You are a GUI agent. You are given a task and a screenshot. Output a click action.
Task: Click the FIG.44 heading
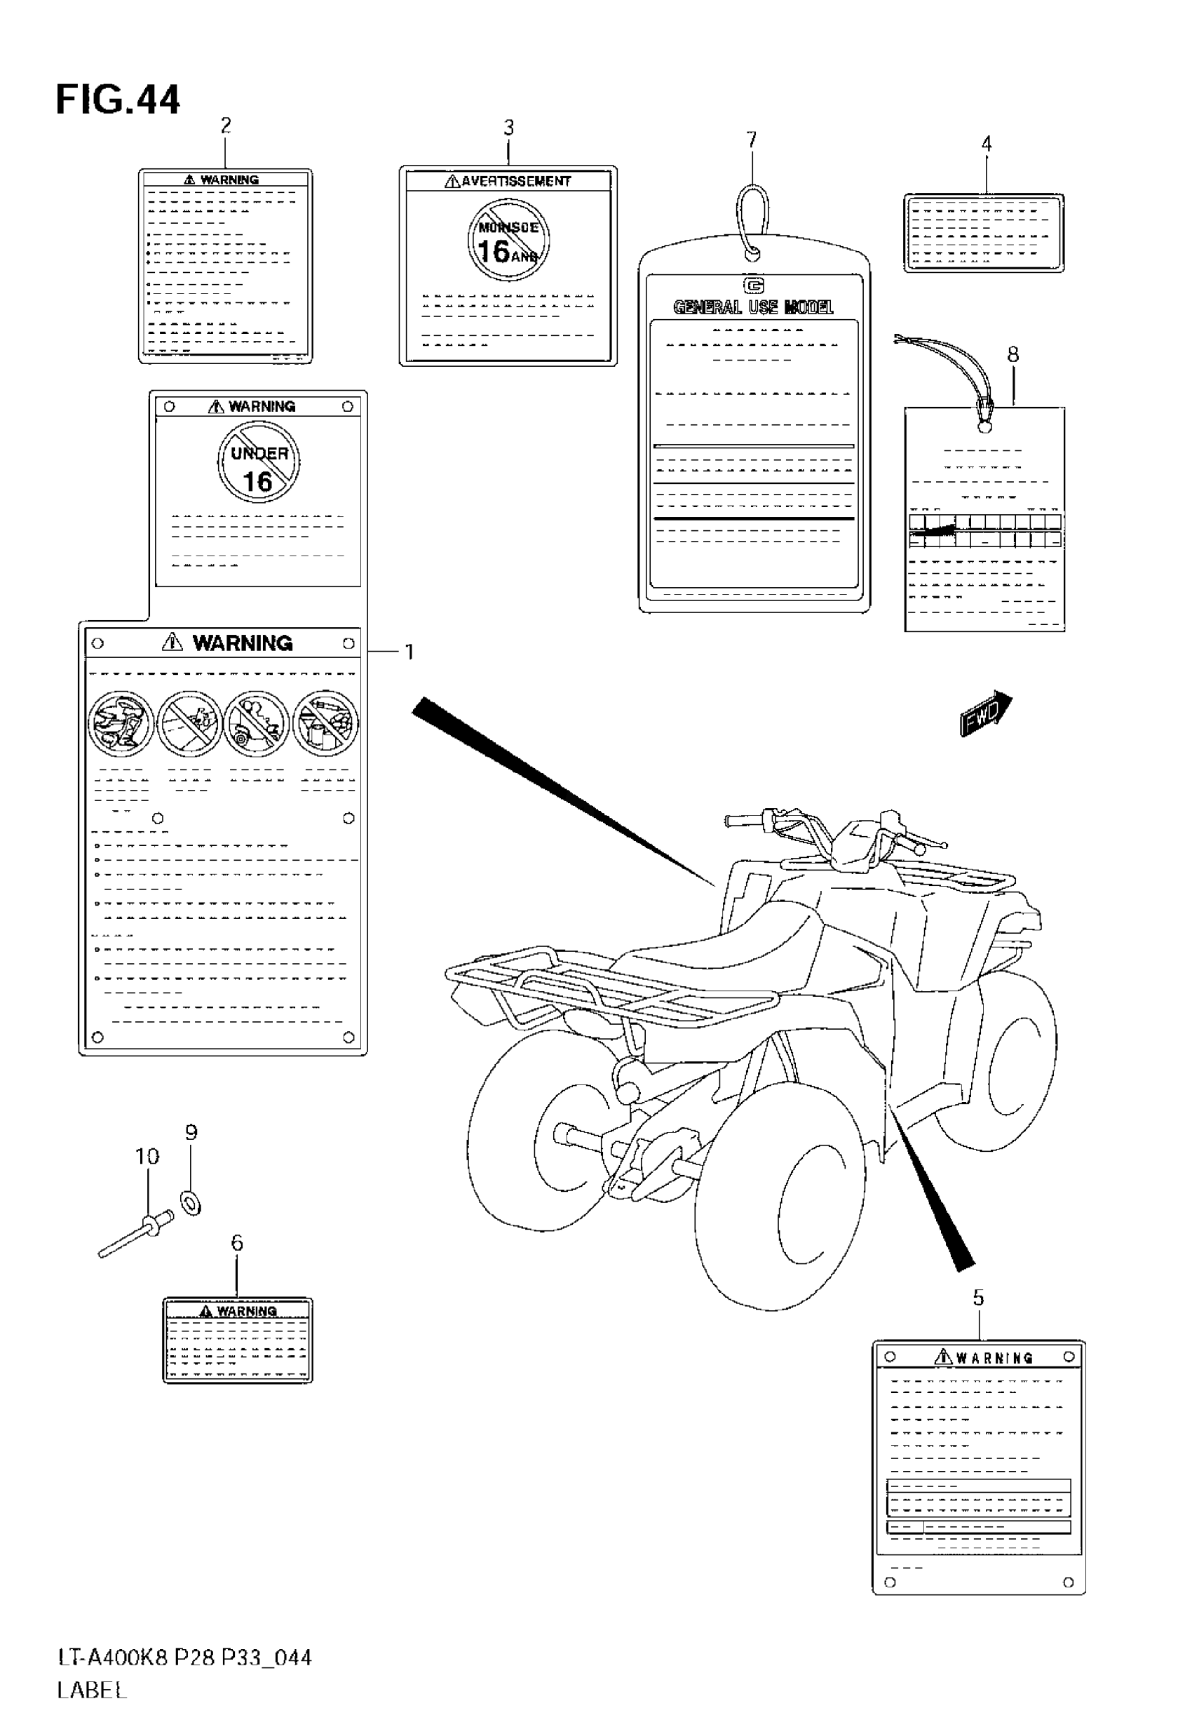pos(118,100)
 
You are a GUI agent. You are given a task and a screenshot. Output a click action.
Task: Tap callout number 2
pos(226,126)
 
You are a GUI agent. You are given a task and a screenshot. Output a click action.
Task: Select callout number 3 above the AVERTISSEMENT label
pos(508,128)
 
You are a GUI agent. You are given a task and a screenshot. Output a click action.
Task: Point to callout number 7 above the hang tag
pos(752,140)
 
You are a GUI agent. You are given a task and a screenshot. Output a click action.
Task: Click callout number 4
pos(986,143)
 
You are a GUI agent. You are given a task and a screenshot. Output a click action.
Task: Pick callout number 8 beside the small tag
pos(1012,354)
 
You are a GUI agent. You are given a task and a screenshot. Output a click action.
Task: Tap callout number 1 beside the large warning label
pos(409,652)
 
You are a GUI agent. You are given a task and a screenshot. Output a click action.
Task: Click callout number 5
pos(978,1298)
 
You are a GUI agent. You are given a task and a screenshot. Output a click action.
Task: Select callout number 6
pos(237,1242)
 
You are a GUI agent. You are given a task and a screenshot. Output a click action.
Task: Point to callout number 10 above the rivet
pos(147,1156)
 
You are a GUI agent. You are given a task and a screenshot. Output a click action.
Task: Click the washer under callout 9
pos(191,1204)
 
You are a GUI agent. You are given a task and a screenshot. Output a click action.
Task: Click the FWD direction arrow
pos(985,714)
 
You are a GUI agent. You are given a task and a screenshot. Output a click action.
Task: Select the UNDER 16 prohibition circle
pos(259,462)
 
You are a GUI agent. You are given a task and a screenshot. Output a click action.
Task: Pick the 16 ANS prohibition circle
pos(508,240)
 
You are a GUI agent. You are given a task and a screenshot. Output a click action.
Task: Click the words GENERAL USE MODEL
pos(753,307)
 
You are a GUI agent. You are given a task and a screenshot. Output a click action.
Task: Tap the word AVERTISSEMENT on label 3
pos(515,181)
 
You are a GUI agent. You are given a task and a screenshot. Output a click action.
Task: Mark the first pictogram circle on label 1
pos(121,723)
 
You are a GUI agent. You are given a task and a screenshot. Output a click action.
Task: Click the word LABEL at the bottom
pos(92,1691)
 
